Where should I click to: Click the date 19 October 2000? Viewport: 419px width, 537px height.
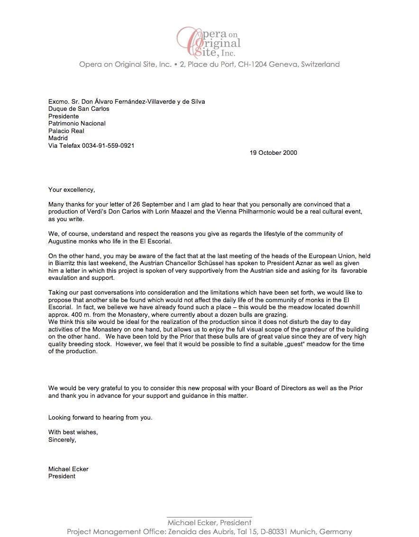[x=273, y=152]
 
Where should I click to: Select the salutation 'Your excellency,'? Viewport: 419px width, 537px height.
[x=72, y=190]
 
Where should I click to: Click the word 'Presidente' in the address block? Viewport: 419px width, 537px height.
[x=64, y=116]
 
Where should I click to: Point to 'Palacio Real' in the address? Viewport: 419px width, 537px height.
[x=66, y=131]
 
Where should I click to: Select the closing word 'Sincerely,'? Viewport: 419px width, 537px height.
[x=62, y=439]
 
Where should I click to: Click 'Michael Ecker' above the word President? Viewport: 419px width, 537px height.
[x=68, y=469]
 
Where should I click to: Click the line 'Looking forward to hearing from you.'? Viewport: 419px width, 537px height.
[x=100, y=418]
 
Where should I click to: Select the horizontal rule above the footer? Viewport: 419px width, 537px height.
[x=209, y=517]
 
